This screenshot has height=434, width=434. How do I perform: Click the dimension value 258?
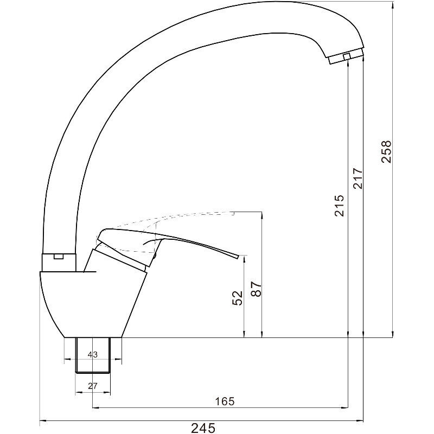pos(386,152)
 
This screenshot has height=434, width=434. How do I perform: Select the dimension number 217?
pos(358,178)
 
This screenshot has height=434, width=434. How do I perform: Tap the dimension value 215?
pos(339,206)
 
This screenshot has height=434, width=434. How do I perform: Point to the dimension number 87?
pos(256,289)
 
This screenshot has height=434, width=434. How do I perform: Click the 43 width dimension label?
pos(92,355)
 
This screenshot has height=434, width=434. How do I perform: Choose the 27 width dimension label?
pos(92,386)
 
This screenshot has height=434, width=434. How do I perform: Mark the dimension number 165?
pos(225,401)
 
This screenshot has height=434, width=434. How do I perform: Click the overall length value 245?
pos(203,428)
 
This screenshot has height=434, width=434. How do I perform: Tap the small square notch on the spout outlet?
pos(347,56)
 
